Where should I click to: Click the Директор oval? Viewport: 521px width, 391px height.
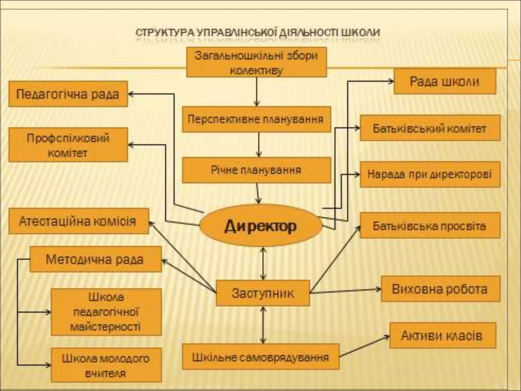click(x=261, y=226)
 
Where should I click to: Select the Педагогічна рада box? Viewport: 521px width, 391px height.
click(x=68, y=94)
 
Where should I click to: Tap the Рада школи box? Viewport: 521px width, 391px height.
click(x=445, y=81)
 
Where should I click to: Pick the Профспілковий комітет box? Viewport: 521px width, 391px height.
click(x=68, y=145)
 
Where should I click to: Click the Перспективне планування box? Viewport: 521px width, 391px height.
click(x=256, y=119)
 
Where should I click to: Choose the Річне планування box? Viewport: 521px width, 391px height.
click(x=256, y=170)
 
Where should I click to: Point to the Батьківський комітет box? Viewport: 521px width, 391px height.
click(x=430, y=128)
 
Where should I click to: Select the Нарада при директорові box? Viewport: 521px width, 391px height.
click(x=430, y=175)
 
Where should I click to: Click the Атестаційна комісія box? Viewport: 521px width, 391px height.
click(x=78, y=221)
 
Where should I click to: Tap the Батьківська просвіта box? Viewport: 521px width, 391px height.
click(x=430, y=226)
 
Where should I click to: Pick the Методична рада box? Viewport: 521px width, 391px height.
click(x=95, y=259)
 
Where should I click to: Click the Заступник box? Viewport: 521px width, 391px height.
click(x=263, y=293)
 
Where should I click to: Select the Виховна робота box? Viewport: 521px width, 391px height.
click(x=440, y=289)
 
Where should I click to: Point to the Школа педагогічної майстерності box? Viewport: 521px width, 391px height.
click(x=106, y=312)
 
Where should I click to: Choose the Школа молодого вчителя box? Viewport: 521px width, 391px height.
click(x=106, y=365)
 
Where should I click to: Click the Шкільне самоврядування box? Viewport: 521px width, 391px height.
click(x=261, y=357)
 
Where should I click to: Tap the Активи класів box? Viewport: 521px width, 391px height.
click(x=442, y=336)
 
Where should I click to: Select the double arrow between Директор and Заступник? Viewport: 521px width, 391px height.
click(x=263, y=263)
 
